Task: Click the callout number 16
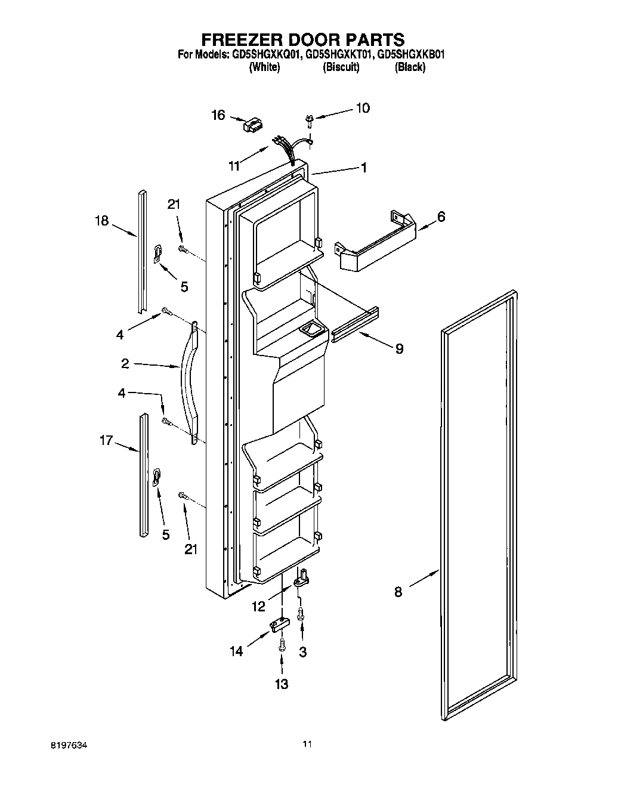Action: pyautogui.click(x=219, y=115)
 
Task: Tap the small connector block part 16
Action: pyautogui.click(x=251, y=125)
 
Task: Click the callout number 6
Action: pyautogui.click(x=441, y=217)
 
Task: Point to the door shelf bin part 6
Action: pyautogui.click(x=374, y=243)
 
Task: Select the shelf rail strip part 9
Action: pyautogui.click(x=356, y=324)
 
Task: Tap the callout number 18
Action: pyautogui.click(x=101, y=221)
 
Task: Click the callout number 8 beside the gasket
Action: pyautogui.click(x=398, y=592)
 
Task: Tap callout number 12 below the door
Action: pyautogui.click(x=258, y=607)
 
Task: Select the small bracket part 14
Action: pyautogui.click(x=278, y=625)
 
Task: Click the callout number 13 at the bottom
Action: pyautogui.click(x=281, y=684)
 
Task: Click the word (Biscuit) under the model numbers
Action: pyautogui.click(x=341, y=67)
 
